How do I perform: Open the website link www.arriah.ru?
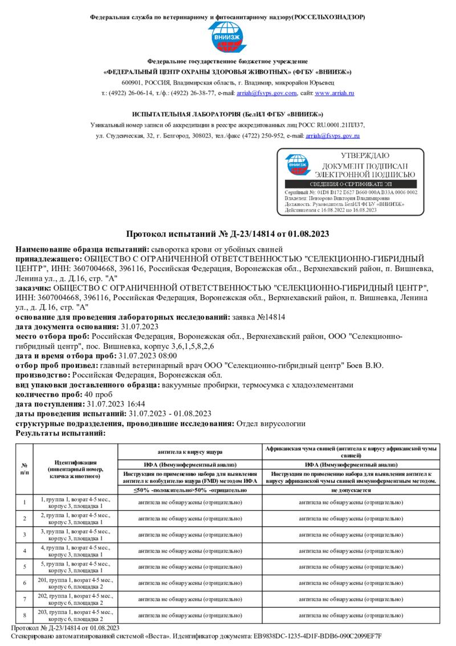tap(335, 92)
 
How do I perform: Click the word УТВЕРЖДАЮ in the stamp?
tap(365, 156)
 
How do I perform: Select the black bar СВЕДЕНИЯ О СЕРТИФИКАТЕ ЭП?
tap(351, 184)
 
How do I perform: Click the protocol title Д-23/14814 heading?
tap(227, 235)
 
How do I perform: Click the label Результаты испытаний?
tap(60, 434)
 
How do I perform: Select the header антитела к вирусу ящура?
tap(189, 451)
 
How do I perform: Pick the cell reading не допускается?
tap(351, 490)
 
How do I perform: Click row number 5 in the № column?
tap(25, 567)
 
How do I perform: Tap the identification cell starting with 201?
tap(75, 583)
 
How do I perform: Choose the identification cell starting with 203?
tap(75, 615)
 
